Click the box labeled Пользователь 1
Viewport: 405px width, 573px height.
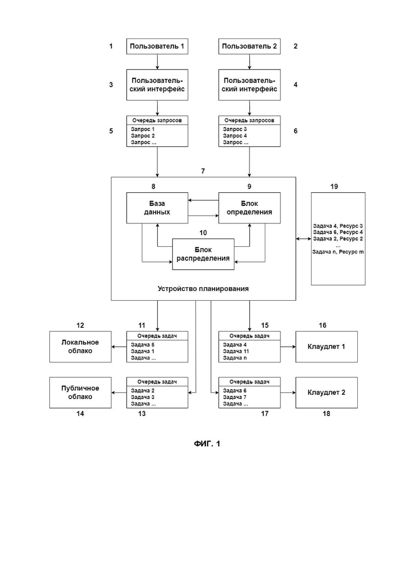click(x=157, y=46)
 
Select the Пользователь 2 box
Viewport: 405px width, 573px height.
click(x=249, y=46)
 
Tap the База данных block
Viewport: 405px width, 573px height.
click(x=157, y=208)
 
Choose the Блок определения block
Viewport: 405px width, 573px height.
click(x=249, y=208)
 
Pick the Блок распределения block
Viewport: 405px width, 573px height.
click(x=203, y=255)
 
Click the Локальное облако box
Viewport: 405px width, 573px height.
click(x=80, y=347)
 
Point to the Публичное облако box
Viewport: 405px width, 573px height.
click(x=80, y=393)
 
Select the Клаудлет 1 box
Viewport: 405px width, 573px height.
click(x=327, y=347)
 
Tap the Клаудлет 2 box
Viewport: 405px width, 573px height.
click(x=327, y=393)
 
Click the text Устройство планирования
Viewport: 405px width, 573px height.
click(x=203, y=289)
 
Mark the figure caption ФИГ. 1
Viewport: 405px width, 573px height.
click(x=207, y=444)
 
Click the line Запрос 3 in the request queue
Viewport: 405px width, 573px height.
click(x=235, y=129)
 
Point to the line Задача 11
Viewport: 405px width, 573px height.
click(x=236, y=351)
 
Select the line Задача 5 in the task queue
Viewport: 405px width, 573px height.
click(x=143, y=344)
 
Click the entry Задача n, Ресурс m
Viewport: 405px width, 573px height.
click(x=338, y=252)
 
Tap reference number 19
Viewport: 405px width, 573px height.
click(x=334, y=186)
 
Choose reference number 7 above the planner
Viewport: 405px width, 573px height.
click(x=203, y=171)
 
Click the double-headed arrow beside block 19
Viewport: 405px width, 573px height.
click(x=303, y=239)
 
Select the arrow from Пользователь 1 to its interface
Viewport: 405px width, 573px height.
click(x=157, y=62)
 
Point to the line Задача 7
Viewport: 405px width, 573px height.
click(x=235, y=397)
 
